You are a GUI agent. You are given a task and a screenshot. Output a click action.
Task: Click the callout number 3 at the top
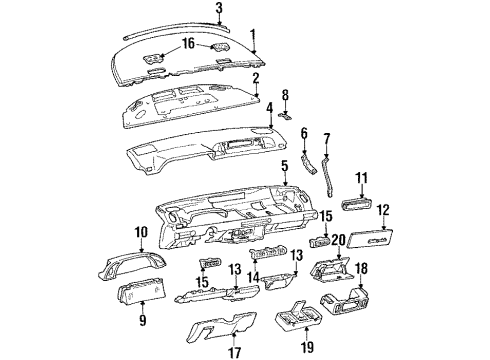(219, 8)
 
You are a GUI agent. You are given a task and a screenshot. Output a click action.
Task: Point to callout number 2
(256, 77)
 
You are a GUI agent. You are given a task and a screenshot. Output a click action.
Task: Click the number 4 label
(268, 108)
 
